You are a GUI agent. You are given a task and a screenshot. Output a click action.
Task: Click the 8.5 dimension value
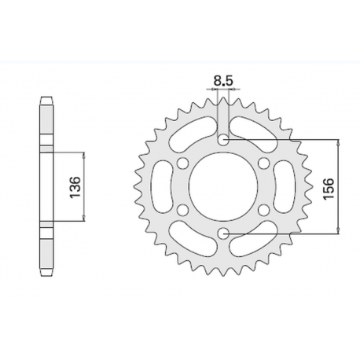(x=224, y=79)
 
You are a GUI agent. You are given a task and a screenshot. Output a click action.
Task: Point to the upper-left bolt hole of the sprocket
(x=182, y=163)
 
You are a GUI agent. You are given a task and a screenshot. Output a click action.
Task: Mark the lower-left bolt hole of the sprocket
(x=182, y=210)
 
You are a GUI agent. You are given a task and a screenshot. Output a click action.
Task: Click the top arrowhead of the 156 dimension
(x=338, y=144)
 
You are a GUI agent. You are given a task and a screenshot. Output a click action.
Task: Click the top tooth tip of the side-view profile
(x=45, y=100)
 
